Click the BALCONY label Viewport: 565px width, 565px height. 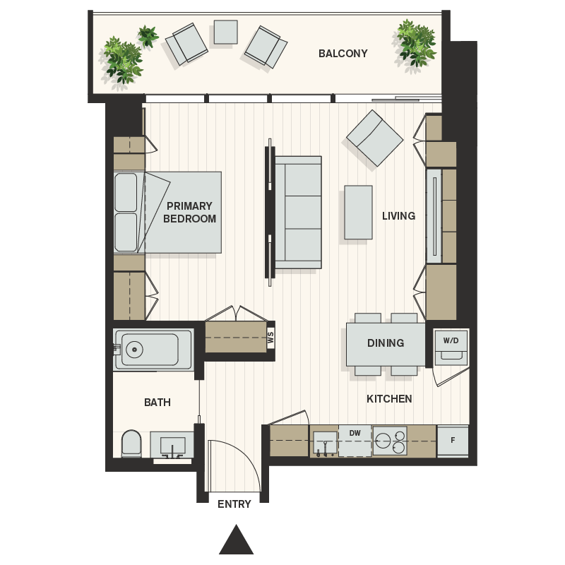point(343,54)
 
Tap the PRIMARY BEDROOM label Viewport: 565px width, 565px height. point(189,213)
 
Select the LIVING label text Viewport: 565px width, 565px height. point(398,215)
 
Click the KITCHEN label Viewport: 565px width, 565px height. point(389,399)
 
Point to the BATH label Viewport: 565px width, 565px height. point(157,403)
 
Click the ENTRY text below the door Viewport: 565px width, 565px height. point(234,504)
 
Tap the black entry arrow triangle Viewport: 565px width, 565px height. point(236,541)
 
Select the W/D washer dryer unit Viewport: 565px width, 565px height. point(451,346)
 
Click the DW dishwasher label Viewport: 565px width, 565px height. point(355,433)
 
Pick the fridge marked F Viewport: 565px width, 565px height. point(453,441)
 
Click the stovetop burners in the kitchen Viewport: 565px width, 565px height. point(390,441)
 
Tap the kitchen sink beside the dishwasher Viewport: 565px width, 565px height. point(325,442)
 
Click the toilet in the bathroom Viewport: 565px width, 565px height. point(131,444)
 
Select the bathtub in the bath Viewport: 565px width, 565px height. point(153,349)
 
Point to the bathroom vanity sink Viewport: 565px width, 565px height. point(173,446)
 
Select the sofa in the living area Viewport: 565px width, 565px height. point(298,213)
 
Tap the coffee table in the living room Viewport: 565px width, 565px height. point(358,213)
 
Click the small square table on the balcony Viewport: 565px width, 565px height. point(225,32)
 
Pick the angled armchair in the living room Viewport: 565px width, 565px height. point(375,138)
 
